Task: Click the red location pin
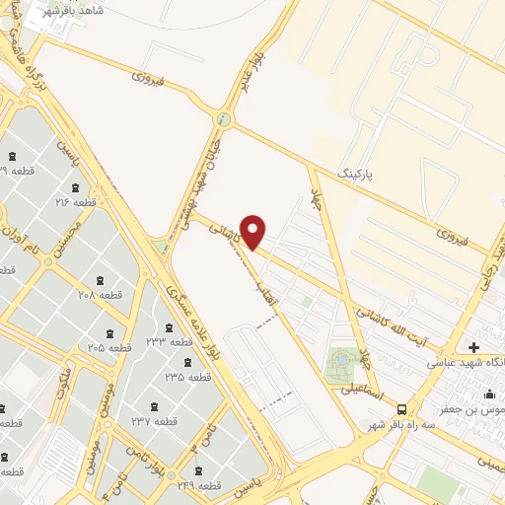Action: pyautogui.click(x=253, y=231)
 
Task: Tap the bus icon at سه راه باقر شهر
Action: pyautogui.click(x=400, y=408)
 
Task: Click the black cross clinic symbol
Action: pyautogui.click(x=474, y=347)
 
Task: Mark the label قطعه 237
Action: pyautogui.click(x=152, y=421)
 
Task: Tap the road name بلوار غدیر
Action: pyautogui.click(x=252, y=70)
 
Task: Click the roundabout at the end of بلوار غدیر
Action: pyautogui.click(x=226, y=121)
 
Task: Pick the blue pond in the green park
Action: pyautogui.click(x=341, y=362)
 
